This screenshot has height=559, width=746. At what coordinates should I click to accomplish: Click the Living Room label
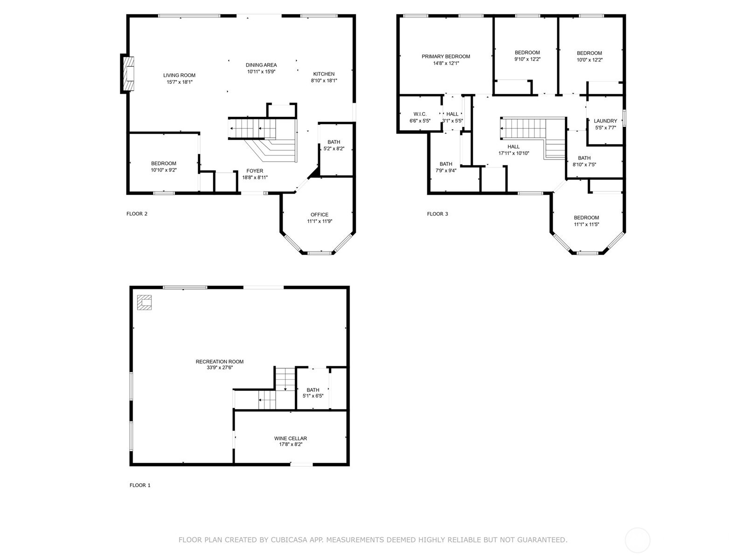point(179,75)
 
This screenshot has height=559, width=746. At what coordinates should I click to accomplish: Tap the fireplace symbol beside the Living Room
point(128,74)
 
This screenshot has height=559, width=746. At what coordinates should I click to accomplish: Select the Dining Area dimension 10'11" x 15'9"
point(261,72)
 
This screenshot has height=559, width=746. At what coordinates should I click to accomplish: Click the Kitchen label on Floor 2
point(324,74)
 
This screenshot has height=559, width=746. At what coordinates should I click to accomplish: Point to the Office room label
point(319,215)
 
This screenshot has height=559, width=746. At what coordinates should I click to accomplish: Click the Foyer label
point(255,171)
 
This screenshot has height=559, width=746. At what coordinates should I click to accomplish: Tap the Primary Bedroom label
point(446,56)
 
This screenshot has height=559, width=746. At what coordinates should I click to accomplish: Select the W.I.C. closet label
point(420,114)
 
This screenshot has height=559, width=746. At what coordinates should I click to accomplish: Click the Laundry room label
point(605,121)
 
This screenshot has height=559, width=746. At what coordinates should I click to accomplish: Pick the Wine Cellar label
point(290,438)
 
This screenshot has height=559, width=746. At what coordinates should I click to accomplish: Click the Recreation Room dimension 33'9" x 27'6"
point(220,368)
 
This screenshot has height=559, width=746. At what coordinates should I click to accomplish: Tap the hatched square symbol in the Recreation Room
point(144,302)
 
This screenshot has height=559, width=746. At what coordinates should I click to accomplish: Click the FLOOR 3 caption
point(437,214)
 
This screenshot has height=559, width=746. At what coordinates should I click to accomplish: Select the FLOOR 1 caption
point(140,485)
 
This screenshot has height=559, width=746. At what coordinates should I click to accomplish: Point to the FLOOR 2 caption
point(137,214)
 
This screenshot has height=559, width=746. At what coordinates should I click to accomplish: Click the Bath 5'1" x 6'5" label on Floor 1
point(313,390)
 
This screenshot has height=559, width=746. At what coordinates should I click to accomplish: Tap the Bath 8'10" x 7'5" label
point(584,158)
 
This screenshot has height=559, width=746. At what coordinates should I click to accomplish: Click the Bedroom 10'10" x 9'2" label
point(164,164)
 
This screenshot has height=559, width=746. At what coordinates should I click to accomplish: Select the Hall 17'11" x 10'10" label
point(513,147)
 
